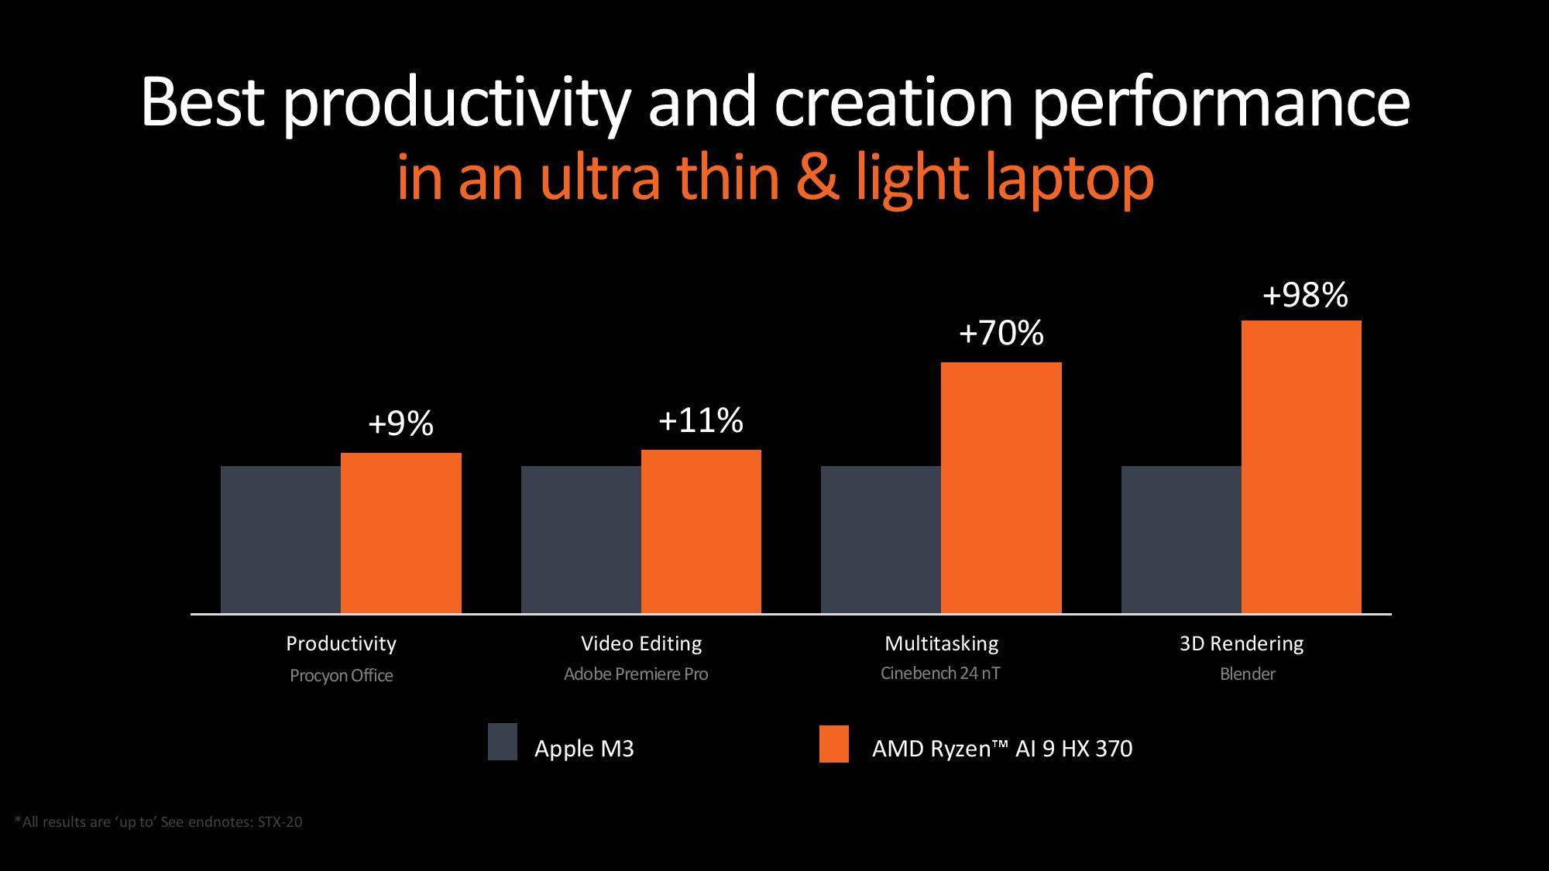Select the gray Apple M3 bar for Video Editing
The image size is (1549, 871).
(581, 540)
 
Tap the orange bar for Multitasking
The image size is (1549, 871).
(1001, 488)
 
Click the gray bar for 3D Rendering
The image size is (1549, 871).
(1181, 540)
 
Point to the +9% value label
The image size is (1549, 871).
(400, 423)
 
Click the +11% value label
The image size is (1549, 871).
(701, 420)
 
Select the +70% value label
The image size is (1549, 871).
(1001, 333)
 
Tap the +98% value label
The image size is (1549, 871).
(1305, 295)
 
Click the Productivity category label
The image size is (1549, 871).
(341, 643)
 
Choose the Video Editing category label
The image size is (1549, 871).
(641, 643)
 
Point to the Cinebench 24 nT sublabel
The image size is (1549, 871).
(940, 674)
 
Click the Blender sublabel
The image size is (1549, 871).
(1247, 674)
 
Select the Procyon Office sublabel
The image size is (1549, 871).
(341, 675)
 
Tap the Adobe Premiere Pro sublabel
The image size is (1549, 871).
(636, 674)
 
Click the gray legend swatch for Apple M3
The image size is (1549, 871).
(503, 742)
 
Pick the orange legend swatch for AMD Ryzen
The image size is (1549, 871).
(834, 744)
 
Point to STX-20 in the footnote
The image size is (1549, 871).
(280, 822)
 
